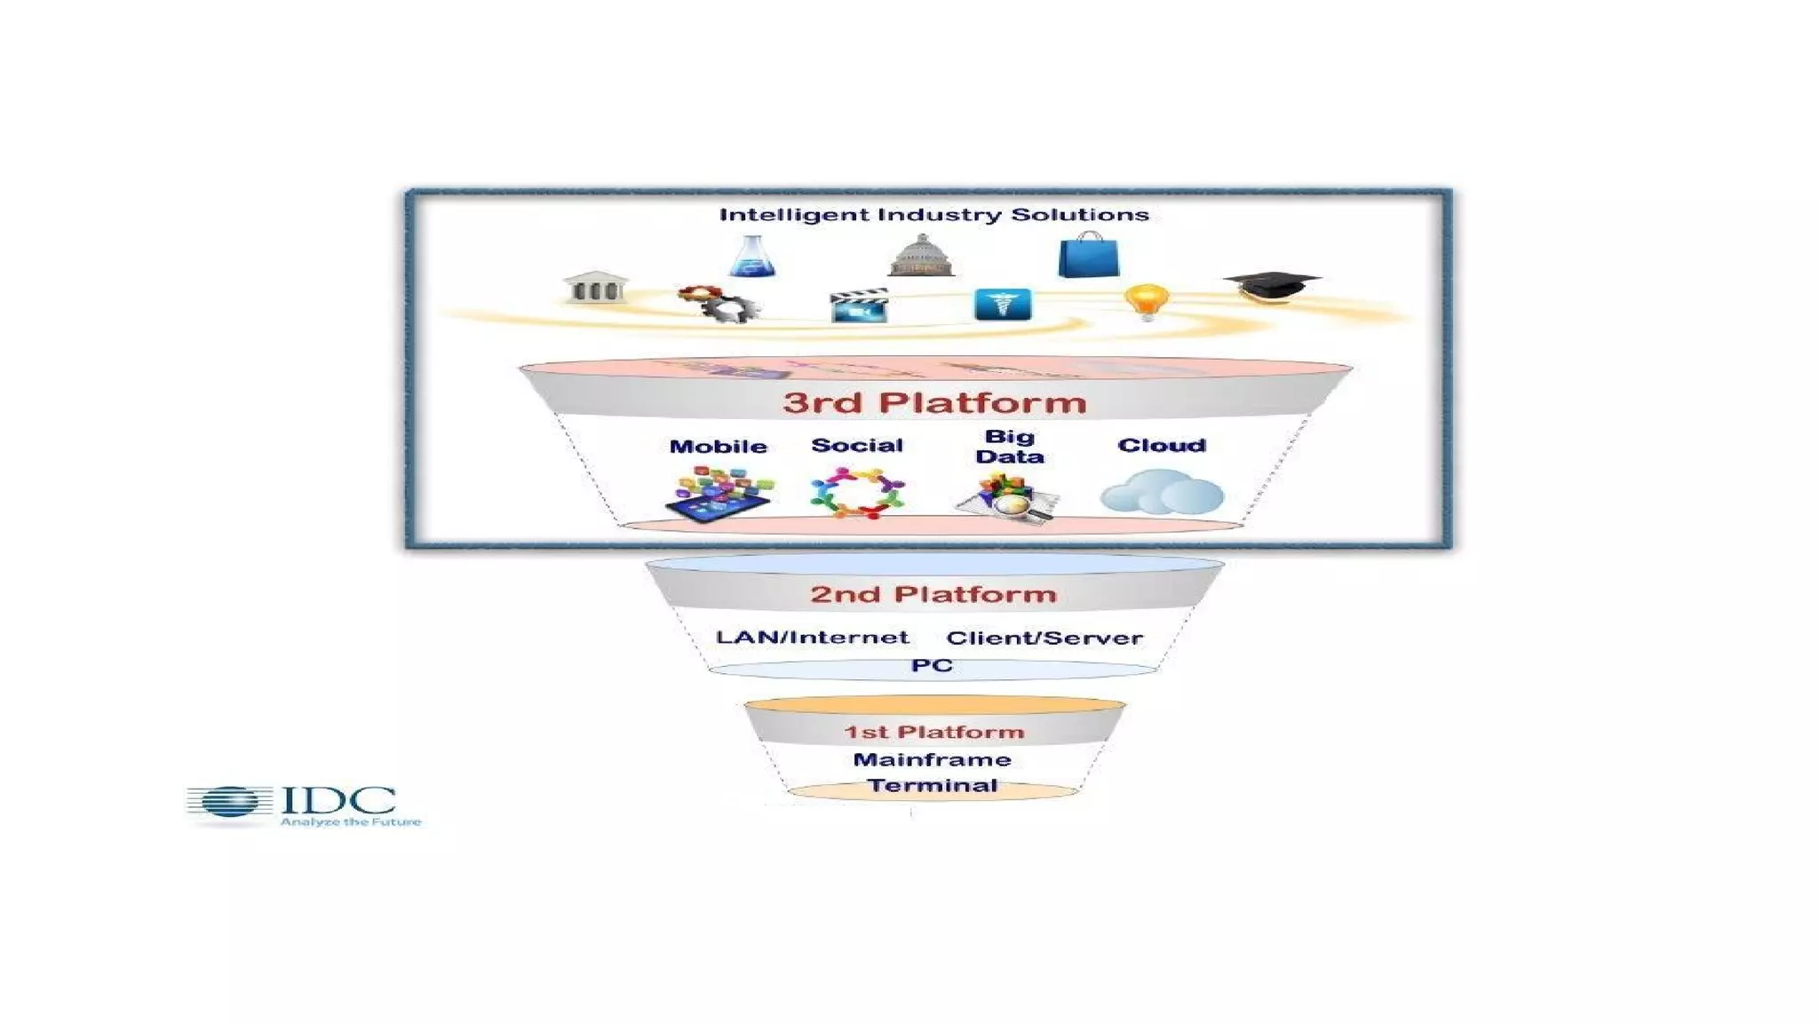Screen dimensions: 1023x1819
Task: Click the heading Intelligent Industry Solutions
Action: click(933, 215)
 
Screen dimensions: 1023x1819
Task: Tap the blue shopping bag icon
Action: click(1088, 256)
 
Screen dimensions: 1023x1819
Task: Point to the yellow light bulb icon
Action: click(1146, 301)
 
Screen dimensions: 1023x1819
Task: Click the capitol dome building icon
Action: click(921, 256)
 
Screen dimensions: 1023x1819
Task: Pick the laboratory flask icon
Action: click(752, 257)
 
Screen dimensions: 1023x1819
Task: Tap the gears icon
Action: click(719, 304)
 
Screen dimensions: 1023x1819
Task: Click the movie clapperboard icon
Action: click(859, 305)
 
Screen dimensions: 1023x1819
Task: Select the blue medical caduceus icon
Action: click(1003, 304)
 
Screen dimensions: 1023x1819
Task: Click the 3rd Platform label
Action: click(934, 402)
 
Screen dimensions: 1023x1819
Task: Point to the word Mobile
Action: click(718, 447)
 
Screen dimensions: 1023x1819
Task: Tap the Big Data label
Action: click(1010, 447)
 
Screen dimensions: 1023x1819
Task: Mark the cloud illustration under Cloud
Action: click(1162, 493)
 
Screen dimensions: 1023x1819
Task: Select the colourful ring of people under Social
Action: click(857, 493)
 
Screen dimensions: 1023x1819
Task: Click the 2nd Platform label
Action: click(933, 594)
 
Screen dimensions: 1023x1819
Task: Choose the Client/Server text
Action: click(1045, 638)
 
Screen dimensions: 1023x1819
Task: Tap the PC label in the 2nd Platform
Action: click(932, 665)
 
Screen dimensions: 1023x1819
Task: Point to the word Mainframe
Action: click(932, 759)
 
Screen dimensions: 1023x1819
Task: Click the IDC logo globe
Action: click(230, 803)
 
